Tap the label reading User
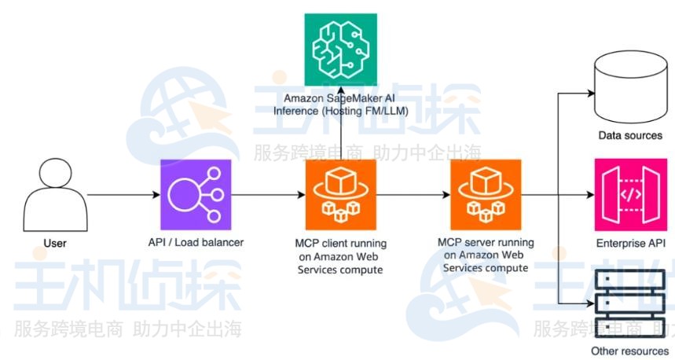pyautogui.click(x=55, y=243)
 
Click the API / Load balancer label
pyautogui.click(x=196, y=241)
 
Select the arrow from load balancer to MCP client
pyautogui.click(x=267, y=195)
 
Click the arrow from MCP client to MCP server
pyautogui.click(x=412, y=195)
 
